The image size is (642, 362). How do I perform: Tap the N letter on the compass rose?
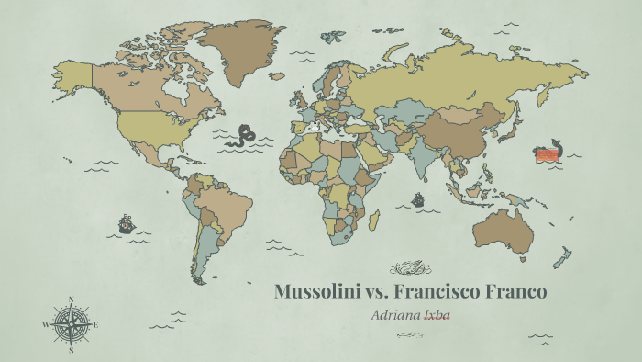pyautogui.click(x=71, y=299)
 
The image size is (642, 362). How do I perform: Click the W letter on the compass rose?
pyautogui.click(x=45, y=324)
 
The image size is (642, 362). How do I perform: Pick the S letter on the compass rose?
pyautogui.click(x=71, y=350)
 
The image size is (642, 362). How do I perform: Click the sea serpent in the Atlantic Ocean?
pyautogui.click(x=245, y=135)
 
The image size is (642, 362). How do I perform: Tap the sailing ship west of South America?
pyautogui.click(x=126, y=223)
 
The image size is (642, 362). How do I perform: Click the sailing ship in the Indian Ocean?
pyautogui.click(x=418, y=198)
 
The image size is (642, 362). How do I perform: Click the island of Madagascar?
pyautogui.click(x=374, y=220)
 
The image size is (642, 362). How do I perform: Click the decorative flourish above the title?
pyautogui.click(x=410, y=268)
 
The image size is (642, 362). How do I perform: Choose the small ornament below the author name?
pyautogui.click(x=410, y=334)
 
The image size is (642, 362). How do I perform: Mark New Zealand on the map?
pyautogui.click(x=561, y=256)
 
